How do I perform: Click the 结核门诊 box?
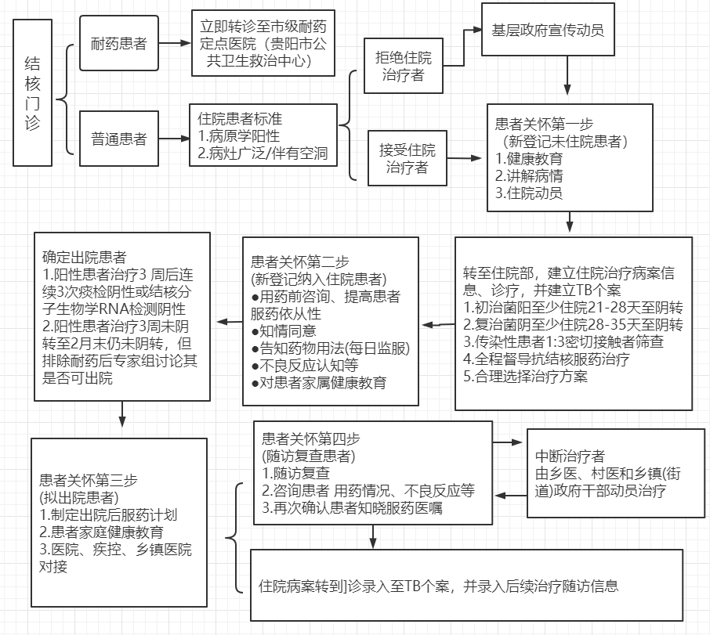[32, 92]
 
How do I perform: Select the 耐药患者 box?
[119, 43]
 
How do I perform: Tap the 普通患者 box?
[119, 139]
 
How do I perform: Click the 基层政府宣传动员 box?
[548, 30]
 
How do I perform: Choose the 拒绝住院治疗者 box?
[404, 66]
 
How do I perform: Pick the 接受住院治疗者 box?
[407, 158]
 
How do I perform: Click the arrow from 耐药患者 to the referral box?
[175, 43]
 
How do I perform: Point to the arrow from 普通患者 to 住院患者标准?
[174, 139]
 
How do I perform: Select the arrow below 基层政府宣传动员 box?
[567, 75]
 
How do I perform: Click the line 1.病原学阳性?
[239, 135]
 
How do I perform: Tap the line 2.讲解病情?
[529, 176]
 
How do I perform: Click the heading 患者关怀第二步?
[300, 262]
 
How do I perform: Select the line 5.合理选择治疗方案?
[525, 376]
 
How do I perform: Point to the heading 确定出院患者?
[84, 257]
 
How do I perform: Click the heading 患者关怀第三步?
[89, 480]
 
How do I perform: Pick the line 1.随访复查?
[295, 473]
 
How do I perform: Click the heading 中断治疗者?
[570, 456]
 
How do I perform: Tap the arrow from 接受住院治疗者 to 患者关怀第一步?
[464, 158]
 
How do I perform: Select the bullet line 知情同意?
[284, 330]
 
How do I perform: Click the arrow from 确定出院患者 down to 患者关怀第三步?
[121, 414]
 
